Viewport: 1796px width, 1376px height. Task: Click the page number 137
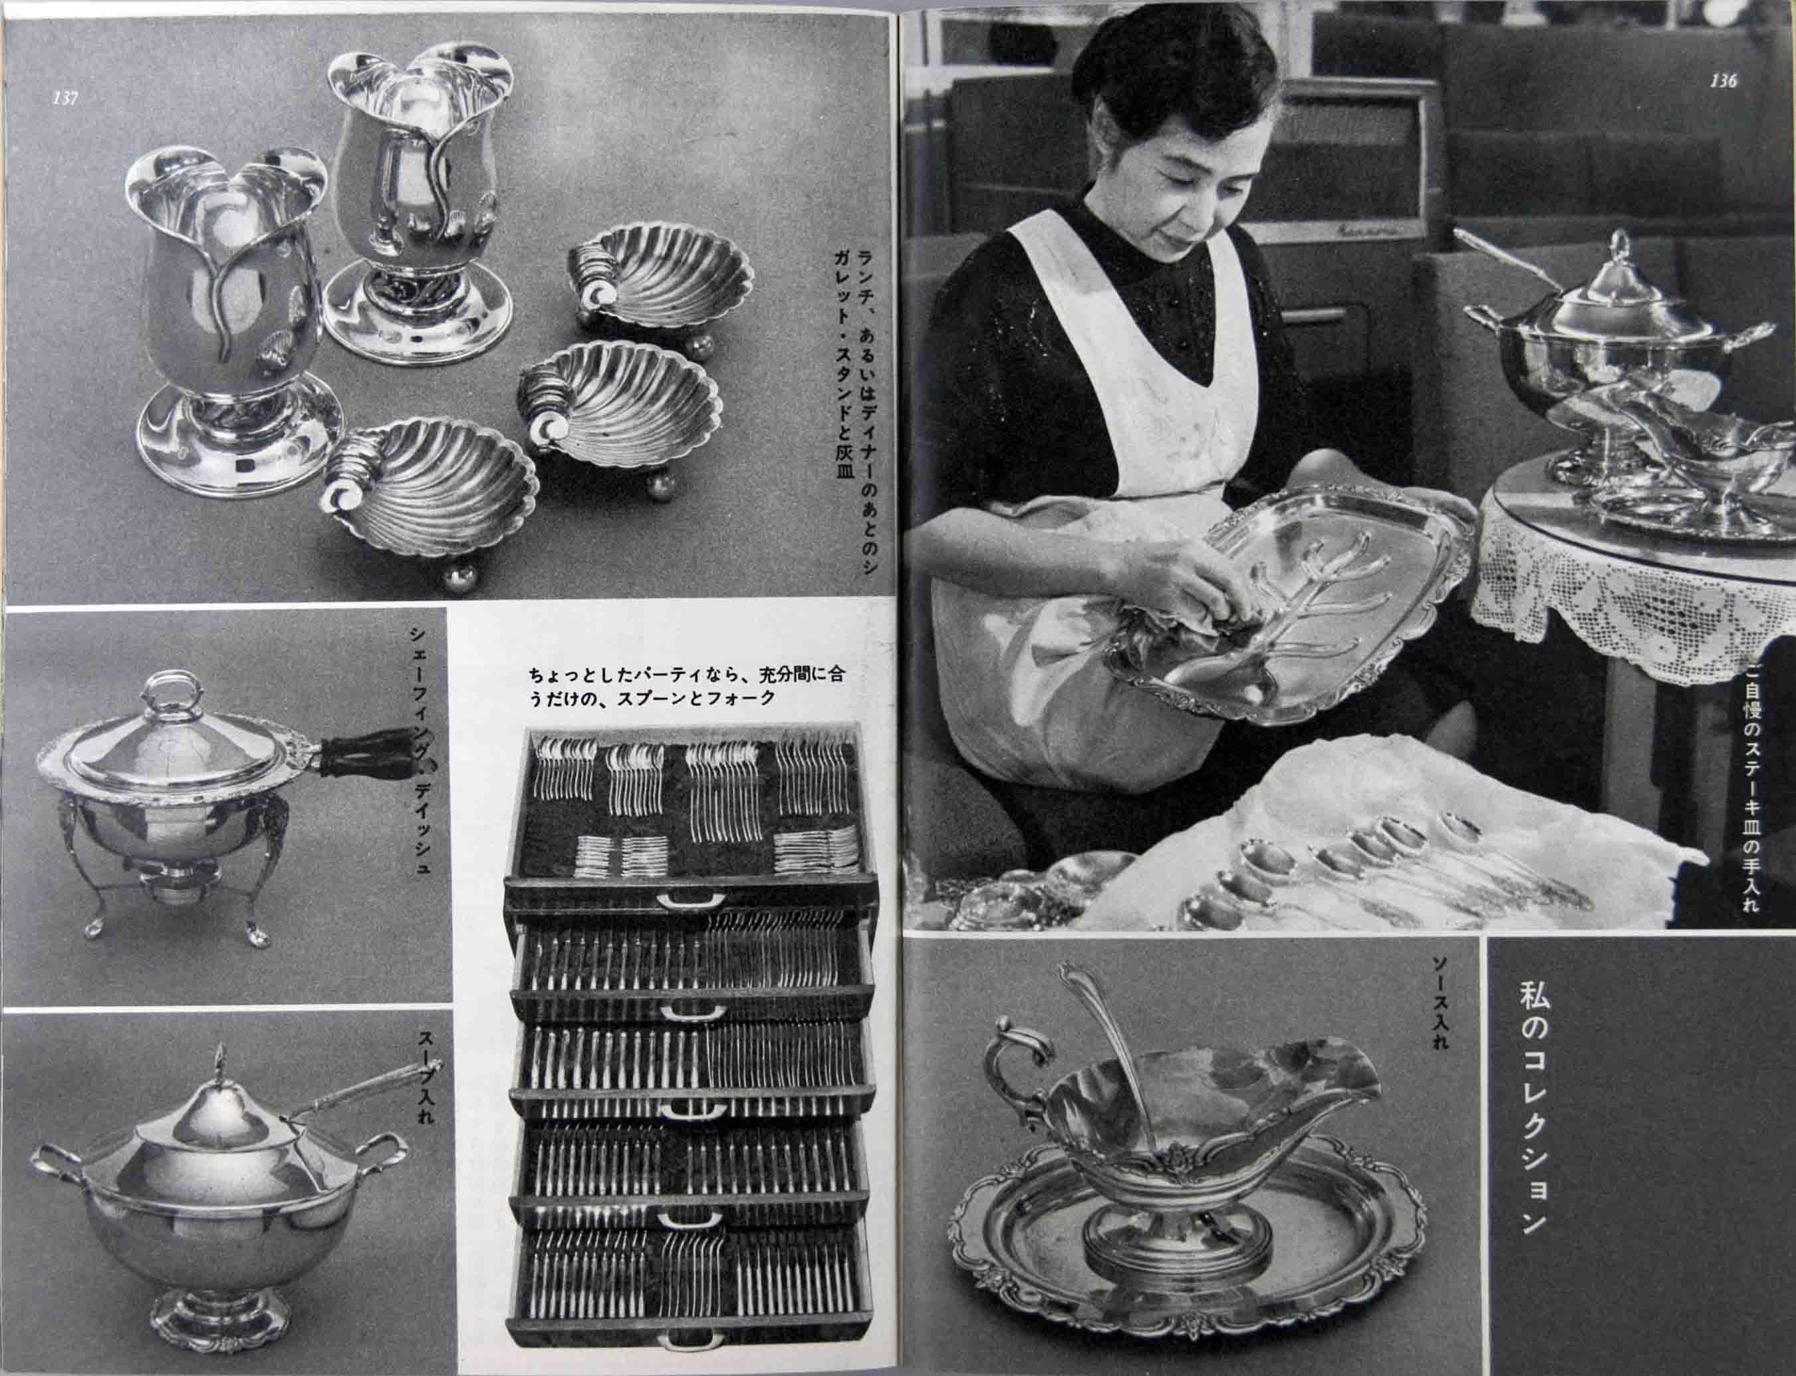64,98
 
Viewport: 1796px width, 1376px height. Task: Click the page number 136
1722,81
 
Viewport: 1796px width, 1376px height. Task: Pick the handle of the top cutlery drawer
692,901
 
